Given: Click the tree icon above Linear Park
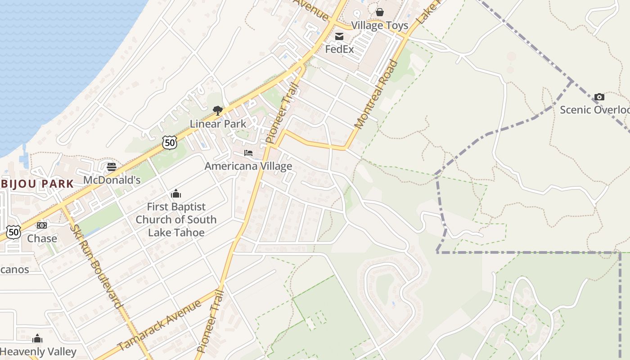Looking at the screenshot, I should tap(218, 110).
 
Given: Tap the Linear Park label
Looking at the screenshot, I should tap(218, 124).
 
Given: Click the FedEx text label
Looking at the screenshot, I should tap(339, 49).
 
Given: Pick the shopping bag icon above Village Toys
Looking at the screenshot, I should tap(380, 12).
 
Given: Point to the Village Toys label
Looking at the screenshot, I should tap(380, 25).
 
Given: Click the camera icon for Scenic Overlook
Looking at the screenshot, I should tap(599, 97).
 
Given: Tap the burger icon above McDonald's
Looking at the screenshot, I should tap(112, 167).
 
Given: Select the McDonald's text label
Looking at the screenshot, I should tap(112, 180).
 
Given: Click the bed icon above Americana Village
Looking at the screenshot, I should tap(248, 153).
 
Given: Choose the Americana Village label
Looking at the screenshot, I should tap(248, 166).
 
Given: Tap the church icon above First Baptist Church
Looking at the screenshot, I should tap(176, 193).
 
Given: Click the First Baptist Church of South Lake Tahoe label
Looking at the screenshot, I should tap(176, 220).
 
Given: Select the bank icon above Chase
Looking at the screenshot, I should tap(42, 225).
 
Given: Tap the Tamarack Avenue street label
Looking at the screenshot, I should tap(160, 325).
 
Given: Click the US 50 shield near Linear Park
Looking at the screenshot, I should tap(170, 143).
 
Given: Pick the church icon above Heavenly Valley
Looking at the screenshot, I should tap(37, 338).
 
